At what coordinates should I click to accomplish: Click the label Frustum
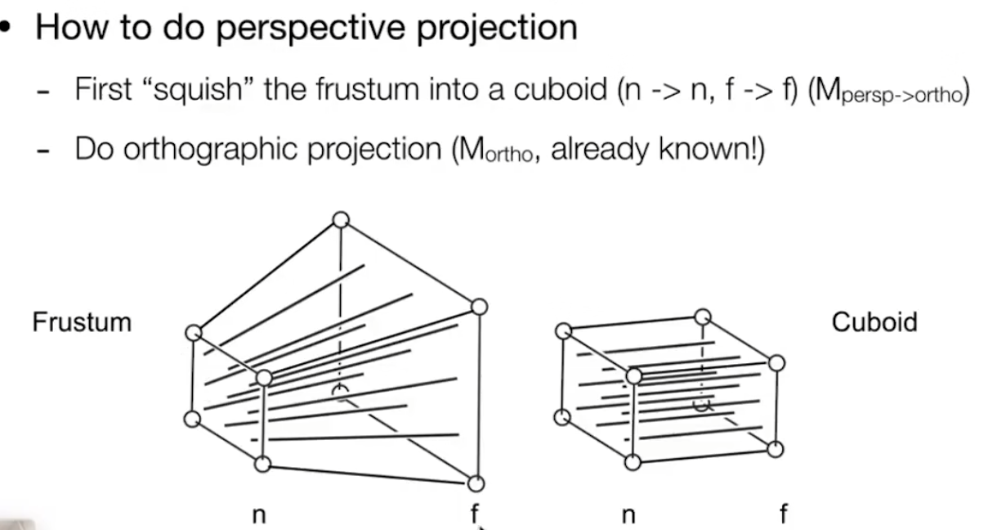(82, 321)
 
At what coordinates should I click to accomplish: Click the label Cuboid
(874, 321)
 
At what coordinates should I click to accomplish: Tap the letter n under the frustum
(258, 515)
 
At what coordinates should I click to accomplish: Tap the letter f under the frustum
(474, 514)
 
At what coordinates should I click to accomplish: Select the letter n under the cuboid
(628, 515)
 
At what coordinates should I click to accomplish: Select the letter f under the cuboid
(784, 514)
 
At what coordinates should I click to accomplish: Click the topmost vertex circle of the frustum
(341, 219)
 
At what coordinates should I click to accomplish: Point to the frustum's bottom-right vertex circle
(477, 483)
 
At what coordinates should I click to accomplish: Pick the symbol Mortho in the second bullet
(494, 150)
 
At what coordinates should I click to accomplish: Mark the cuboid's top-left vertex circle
(563, 330)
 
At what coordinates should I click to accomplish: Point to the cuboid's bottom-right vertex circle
(776, 448)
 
